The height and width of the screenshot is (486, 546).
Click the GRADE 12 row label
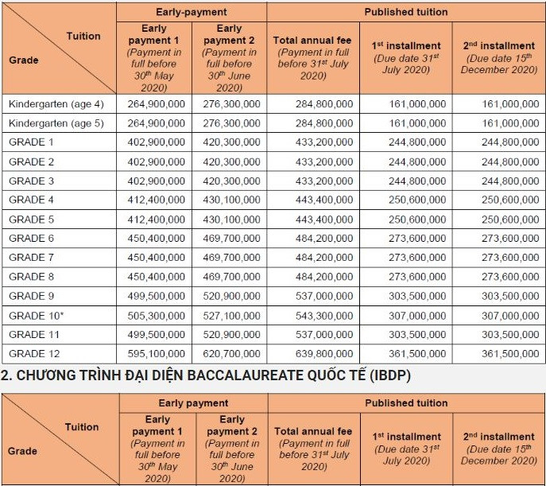34,354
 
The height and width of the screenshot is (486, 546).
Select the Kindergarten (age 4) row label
56,104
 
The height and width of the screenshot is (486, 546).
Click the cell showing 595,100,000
157,354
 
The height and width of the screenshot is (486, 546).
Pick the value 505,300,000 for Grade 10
157,316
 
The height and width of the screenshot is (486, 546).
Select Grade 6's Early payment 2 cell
230,239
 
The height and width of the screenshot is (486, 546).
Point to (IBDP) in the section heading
389,375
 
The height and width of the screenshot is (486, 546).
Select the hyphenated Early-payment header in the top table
192,12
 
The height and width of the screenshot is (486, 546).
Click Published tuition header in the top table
406,12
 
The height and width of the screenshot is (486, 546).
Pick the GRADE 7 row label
32,258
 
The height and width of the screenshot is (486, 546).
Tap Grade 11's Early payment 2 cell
230,335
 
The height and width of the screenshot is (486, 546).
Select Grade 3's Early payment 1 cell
157,181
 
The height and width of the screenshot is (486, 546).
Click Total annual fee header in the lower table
314,432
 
